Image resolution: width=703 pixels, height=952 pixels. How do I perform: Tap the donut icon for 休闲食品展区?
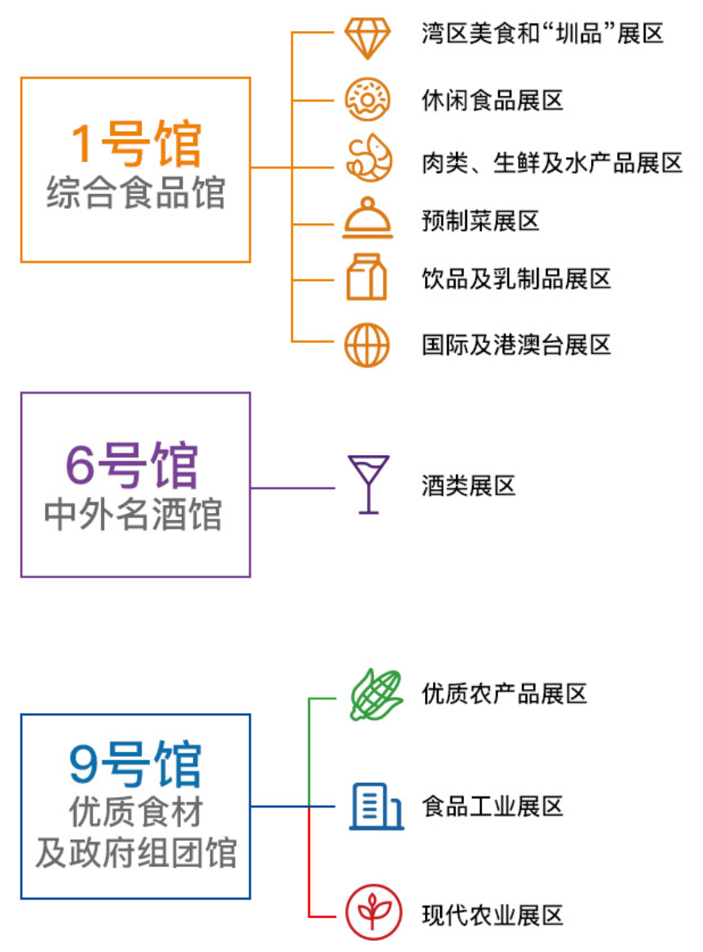pos(367,99)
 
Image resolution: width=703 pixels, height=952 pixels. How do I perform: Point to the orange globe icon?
pos(367,345)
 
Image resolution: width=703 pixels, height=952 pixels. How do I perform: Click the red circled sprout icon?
pos(369,914)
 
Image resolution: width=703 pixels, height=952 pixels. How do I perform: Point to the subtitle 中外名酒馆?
pos(133,515)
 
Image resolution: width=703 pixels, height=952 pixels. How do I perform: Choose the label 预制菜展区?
pos(481,220)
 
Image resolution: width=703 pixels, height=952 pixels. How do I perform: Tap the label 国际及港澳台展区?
pos(516,345)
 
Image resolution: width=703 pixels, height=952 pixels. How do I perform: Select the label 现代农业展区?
pos(492,915)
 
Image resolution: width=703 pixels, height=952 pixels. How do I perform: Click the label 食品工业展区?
pos(492,807)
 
